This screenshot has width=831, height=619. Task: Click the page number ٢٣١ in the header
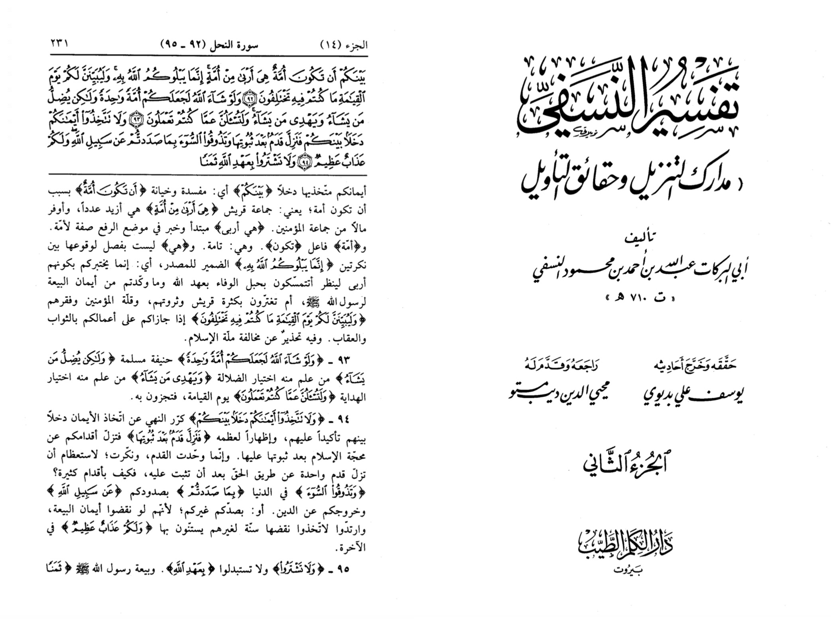(59, 43)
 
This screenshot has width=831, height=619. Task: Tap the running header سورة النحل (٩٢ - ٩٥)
(209, 45)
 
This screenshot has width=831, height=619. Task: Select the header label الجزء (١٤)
(343, 45)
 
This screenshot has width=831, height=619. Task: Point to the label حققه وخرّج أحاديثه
(696, 365)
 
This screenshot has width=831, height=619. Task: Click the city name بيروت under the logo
(628, 570)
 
